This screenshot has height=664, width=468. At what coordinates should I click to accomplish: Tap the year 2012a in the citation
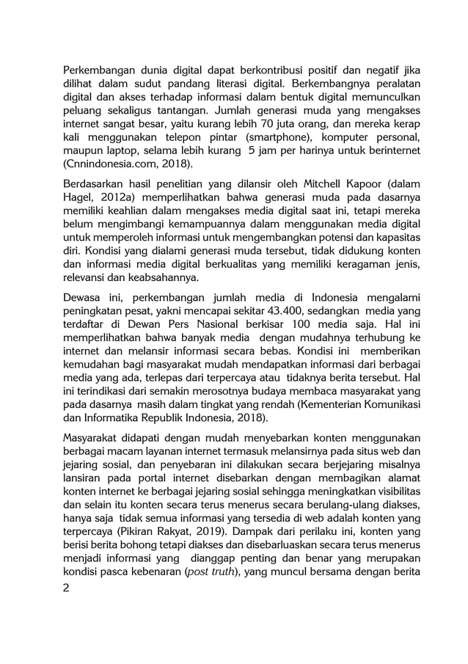[110, 201]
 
